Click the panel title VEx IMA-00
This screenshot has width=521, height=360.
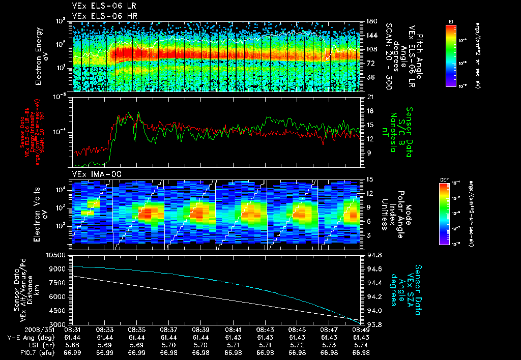[x=93, y=174]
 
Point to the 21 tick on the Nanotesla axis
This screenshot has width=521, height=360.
[x=365, y=97]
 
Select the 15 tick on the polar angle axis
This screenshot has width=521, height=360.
[x=365, y=179]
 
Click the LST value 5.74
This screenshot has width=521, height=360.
[x=361, y=344]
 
